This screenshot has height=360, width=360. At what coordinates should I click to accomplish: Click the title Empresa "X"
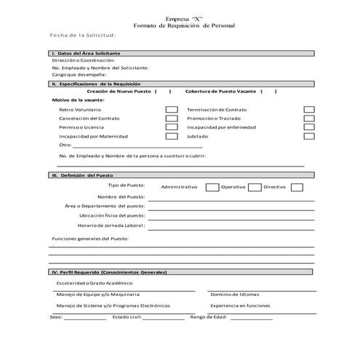(181, 17)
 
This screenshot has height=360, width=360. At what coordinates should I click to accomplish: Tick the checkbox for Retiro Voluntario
(172, 109)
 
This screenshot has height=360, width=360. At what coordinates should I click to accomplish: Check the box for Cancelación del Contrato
(172, 118)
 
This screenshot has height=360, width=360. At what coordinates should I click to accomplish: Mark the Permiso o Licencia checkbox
(172, 127)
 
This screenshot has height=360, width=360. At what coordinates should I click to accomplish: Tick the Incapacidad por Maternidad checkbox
(172, 135)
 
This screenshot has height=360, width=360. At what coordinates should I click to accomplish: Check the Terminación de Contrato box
(308, 109)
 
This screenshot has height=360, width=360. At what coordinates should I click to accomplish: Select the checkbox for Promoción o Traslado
(308, 118)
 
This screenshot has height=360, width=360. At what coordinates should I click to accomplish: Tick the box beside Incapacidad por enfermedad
(308, 127)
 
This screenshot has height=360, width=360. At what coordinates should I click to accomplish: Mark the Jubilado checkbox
(308, 135)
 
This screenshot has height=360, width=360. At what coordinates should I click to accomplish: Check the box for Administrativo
(212, 187)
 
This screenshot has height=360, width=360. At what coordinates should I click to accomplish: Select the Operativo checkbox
(255, 187)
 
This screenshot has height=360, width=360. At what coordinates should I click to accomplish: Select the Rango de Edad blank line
(251, 319)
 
